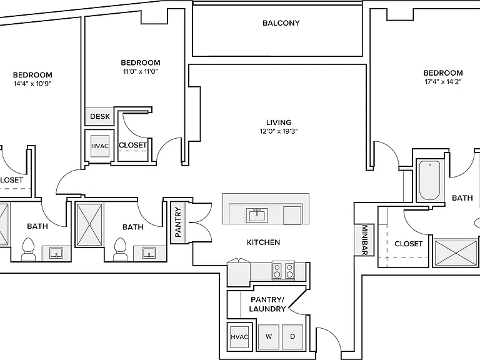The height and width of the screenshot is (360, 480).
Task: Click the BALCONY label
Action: click(281, 23)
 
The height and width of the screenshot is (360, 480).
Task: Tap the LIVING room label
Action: click(279, 122)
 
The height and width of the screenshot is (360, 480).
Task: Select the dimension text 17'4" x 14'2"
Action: click(443, 81)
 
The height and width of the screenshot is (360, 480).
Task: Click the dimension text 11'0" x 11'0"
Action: click(140, 71)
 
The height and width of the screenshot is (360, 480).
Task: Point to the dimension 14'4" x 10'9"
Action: click(32, 84)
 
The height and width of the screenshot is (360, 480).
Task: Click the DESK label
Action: click(100, 116)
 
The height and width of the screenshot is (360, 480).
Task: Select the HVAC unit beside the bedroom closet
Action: click(100, 146)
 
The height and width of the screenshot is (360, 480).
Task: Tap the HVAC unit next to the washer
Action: click(239, 336)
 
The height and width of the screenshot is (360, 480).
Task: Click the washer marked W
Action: click(269, 336)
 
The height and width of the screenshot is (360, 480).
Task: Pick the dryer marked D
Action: click(292, 336)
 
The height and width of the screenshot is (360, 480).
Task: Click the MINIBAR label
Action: click(364, 240)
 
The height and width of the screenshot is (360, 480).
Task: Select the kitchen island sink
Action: click(256, 215)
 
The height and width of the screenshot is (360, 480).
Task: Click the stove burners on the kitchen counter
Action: click(283, 271)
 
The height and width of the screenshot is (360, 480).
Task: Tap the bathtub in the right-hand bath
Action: click(430, 180)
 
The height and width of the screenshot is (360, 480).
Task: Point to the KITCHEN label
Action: click(263, 242)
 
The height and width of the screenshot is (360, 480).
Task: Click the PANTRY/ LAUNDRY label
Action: click(267, 304)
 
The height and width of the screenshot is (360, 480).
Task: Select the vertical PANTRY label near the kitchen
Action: click(178, 222)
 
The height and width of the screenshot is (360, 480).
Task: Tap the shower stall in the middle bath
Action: click(89, 225)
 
